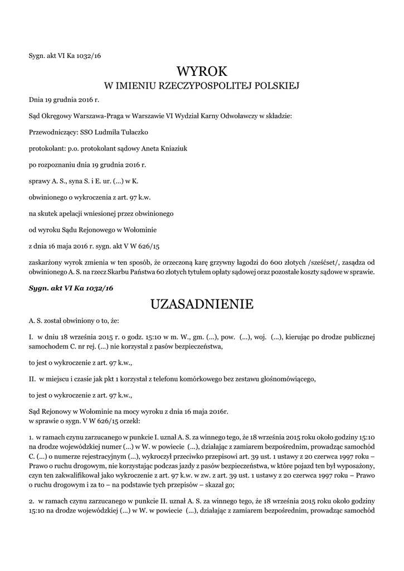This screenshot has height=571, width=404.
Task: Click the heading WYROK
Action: pos(202,71)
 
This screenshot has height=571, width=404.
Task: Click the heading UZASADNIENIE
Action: pos(202,304)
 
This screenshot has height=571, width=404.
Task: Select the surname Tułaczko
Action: pos(135,133)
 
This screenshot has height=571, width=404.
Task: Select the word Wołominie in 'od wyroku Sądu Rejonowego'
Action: pos(141,229)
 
